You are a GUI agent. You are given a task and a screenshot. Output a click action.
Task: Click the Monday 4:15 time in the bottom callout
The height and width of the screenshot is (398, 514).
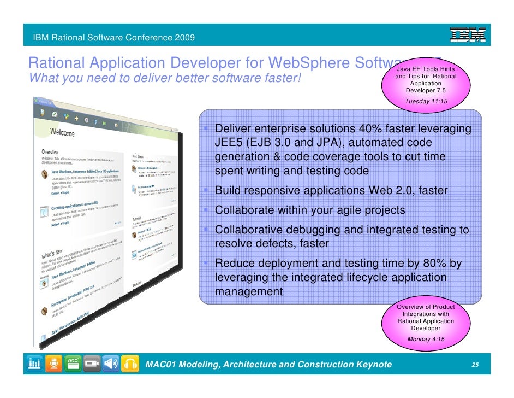click(x=426, y=339)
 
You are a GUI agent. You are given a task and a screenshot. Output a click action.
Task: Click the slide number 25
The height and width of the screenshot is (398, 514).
click(x=475, y=365)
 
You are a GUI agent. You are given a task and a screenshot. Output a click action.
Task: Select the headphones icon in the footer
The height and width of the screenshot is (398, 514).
click(x=131, y=364)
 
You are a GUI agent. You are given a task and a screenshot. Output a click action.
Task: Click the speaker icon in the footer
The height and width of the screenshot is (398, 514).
click(x=111, y=364)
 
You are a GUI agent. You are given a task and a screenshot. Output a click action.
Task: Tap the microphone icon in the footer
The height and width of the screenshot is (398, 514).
click(x=54, y=364)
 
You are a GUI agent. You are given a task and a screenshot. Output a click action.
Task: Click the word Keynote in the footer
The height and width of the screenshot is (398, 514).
click(x=371, y=365)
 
